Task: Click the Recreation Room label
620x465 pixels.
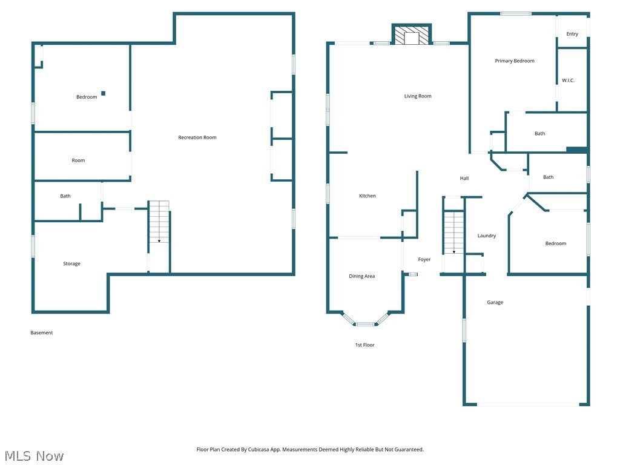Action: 197,137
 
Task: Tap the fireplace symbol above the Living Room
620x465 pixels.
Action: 412,35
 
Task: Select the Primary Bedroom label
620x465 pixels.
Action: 515,61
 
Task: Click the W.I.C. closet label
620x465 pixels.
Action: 568,81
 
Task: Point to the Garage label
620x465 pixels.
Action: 495,303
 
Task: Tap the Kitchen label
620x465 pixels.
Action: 368,196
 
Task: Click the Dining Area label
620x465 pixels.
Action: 361,277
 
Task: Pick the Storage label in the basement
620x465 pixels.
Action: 71,264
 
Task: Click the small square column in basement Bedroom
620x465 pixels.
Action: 103,93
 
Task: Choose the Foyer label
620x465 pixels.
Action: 424,260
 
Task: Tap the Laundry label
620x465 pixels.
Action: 486,236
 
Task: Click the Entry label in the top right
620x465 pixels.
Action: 572,35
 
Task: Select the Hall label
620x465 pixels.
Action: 464,179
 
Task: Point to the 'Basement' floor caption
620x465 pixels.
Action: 42,333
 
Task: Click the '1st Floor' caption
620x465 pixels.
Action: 364,345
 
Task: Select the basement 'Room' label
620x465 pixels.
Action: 78,160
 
